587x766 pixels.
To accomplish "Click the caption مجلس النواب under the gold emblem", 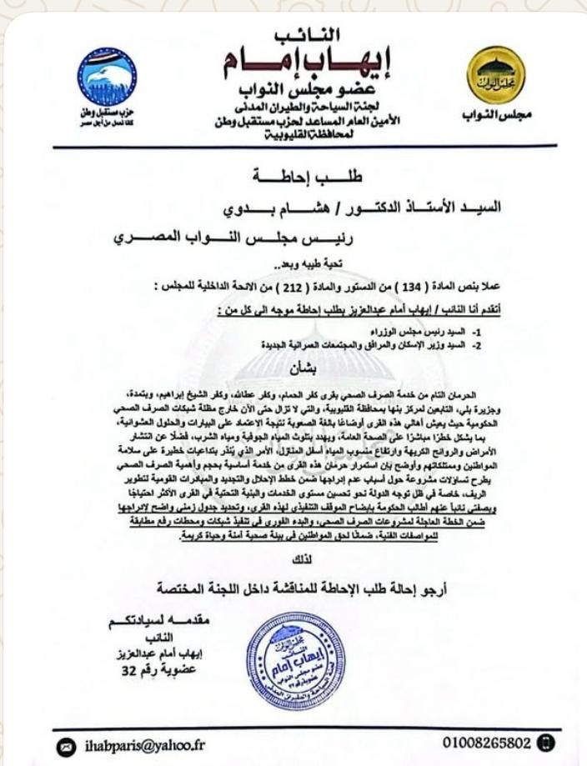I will point(486,117).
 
